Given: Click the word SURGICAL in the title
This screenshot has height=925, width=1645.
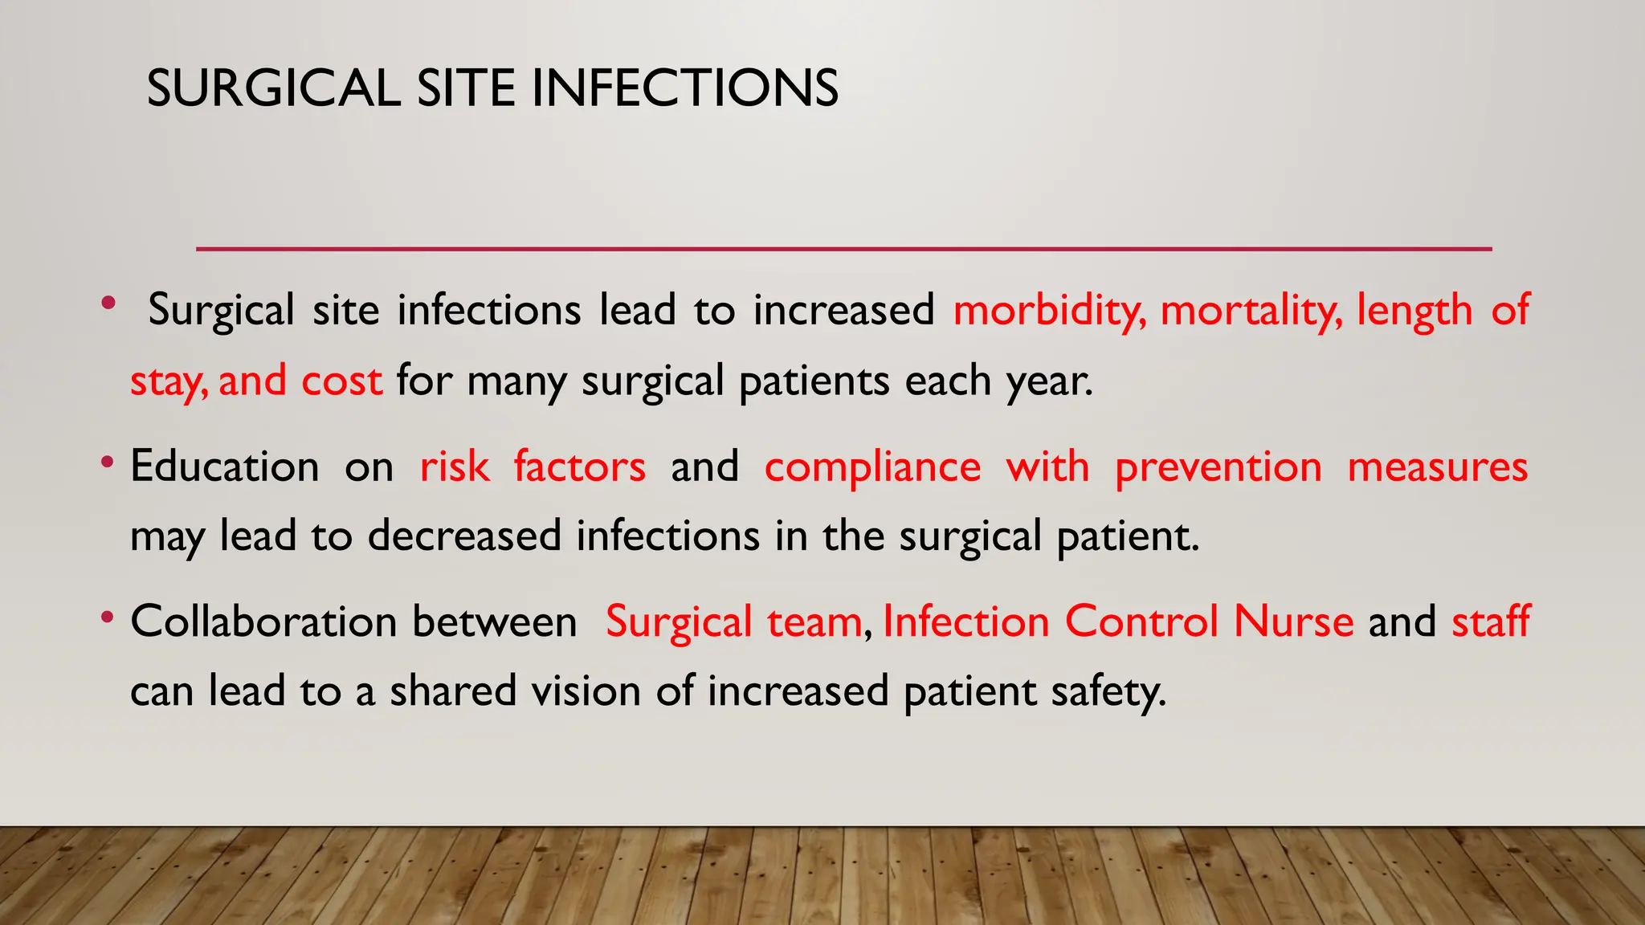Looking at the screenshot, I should (273, 88).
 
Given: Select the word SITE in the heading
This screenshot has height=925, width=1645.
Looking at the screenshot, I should (465, 88).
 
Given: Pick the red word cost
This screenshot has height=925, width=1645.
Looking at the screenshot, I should (341, 381).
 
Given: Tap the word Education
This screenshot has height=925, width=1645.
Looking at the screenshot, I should (225, 467).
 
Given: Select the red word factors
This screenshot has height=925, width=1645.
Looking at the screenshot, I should (579, 467).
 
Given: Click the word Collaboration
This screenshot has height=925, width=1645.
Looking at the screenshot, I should (263, 622).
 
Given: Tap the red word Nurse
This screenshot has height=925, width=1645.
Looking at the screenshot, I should (1293, 622).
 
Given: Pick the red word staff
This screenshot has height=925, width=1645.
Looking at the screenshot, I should (1491, 622).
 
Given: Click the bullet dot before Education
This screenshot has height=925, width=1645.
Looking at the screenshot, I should (108, 463).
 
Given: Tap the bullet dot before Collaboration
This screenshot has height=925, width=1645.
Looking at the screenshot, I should (108, 619).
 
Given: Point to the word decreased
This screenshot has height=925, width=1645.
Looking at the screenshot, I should (464, 536).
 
